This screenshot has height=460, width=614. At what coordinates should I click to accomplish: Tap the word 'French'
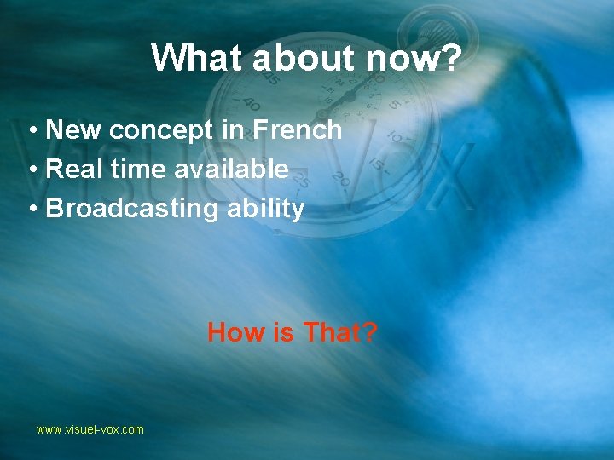click(298, 130)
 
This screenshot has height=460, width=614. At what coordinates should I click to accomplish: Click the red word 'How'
click(236, 332)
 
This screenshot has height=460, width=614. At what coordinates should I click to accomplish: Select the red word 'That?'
click(339, 332)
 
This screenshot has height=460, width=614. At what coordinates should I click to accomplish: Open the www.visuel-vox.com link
click(90, 430)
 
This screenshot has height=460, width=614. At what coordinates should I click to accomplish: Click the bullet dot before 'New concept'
click(31, 131)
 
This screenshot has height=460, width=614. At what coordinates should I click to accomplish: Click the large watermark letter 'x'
click(447, 175)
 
